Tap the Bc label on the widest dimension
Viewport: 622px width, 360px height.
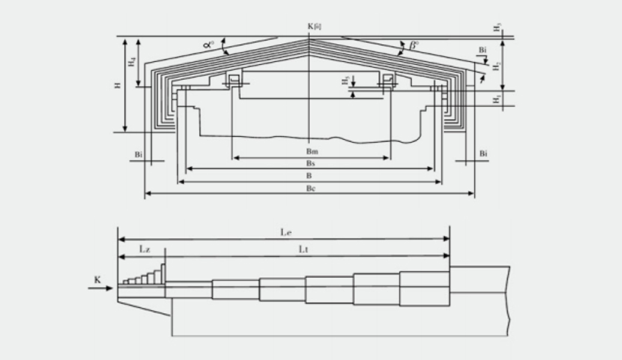click(x=309, y=188)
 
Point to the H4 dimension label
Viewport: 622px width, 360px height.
click(x=132, y=61)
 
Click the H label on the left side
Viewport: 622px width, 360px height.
click(x=118, y=85)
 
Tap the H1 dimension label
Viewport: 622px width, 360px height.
click(x=497, y=98)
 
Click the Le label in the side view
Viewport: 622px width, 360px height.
click(x=285, y=231)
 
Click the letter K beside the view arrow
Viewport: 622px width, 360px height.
click(x=97, y=280)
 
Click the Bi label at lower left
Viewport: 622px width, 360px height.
click(x=139, y=155)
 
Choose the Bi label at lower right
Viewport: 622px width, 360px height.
click(x=483, y=155)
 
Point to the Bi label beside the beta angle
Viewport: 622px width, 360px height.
click(x=483, y=50)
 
